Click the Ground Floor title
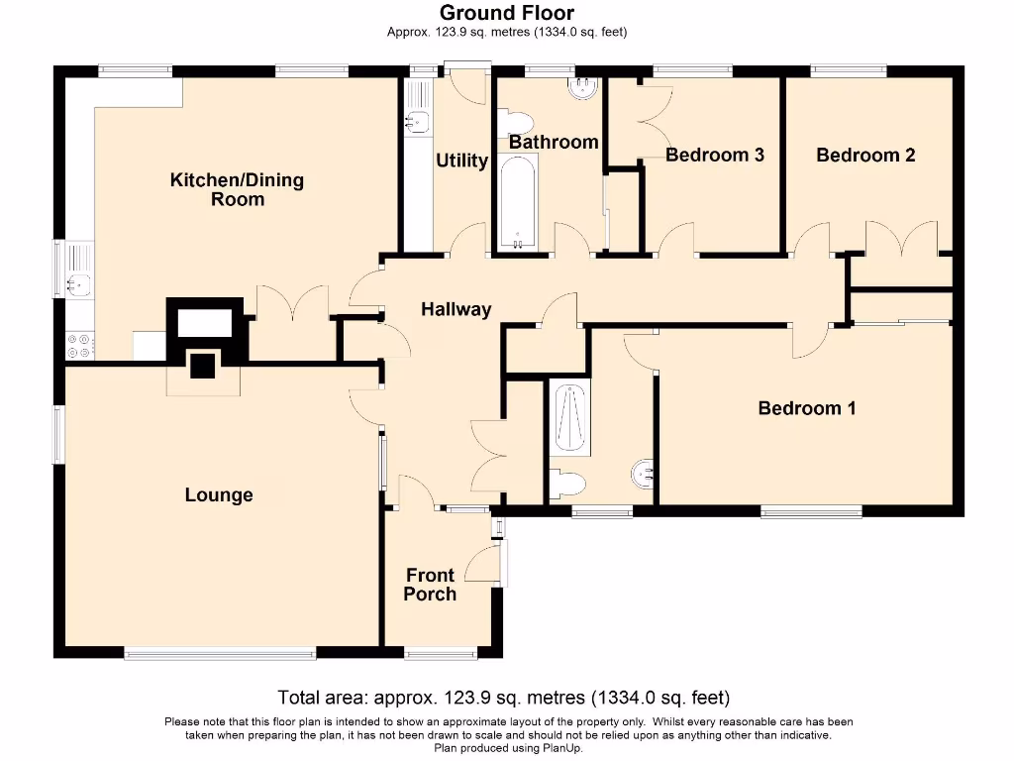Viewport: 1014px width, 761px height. [x=506, y=13]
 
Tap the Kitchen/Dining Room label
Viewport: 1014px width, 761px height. [x=237, y=189]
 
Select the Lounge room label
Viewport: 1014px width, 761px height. [x=219, y=495]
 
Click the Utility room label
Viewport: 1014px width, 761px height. [x=462, y=161]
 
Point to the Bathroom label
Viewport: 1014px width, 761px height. [x=554, y=143]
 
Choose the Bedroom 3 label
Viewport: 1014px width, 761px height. [x=714, y=156]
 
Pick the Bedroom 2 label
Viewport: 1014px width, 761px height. [x=864, y=156]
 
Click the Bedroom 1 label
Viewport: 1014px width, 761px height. [x=806, y=408]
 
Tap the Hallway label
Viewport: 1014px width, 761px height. [x=456, y=309]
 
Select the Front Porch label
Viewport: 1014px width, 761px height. [x=430, y=585]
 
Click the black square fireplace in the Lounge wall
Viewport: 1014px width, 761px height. [x=202, y=366]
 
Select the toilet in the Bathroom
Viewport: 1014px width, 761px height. [x=517, y=123]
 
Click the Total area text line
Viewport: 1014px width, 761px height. [x=504, y=698]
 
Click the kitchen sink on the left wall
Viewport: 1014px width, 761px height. [x=77, y=284]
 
